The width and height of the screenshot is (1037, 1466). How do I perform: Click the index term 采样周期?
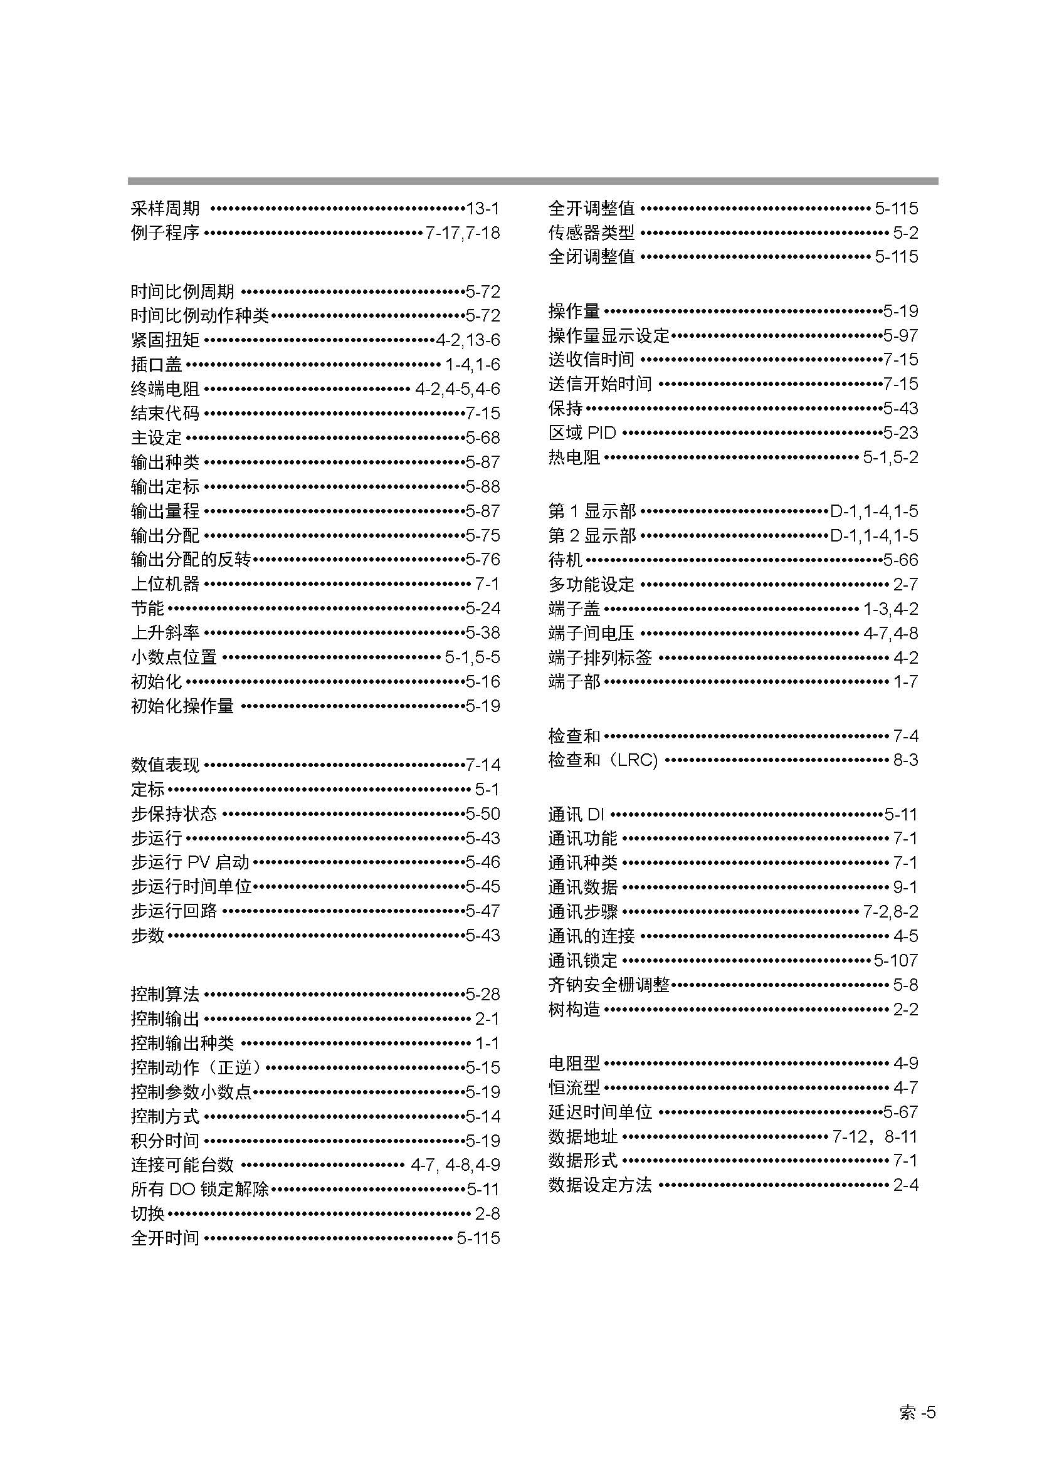click(165, 208)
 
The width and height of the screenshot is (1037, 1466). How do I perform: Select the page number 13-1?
click(483, 208)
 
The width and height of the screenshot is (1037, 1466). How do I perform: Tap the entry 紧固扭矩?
click(165, 340)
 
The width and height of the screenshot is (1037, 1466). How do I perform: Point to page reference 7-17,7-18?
click(463, 233)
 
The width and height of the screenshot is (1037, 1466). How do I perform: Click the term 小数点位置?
click(174, 657)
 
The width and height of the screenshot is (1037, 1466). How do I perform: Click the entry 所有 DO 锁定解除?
click(200, 1189)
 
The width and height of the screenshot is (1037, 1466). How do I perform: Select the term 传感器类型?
click(591, 233)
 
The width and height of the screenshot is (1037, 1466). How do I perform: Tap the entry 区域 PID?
click(582, 432)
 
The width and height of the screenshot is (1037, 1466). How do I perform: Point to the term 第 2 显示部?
click(592, 535)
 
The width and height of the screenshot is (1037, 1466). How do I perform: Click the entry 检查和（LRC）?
click(603, 760)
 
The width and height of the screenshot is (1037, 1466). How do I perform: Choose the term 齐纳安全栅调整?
click(609, 985)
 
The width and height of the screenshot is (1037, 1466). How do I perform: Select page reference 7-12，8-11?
click(875, 1136)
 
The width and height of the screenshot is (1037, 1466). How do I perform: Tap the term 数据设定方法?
click(599, 1185)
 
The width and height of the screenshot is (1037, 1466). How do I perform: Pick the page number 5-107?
click(896, 960)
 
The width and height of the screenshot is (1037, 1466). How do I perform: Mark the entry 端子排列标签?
click(599, 657)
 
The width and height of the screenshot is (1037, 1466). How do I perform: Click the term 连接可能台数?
click(182, 1165)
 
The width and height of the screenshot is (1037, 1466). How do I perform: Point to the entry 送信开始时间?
click(599, 384)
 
